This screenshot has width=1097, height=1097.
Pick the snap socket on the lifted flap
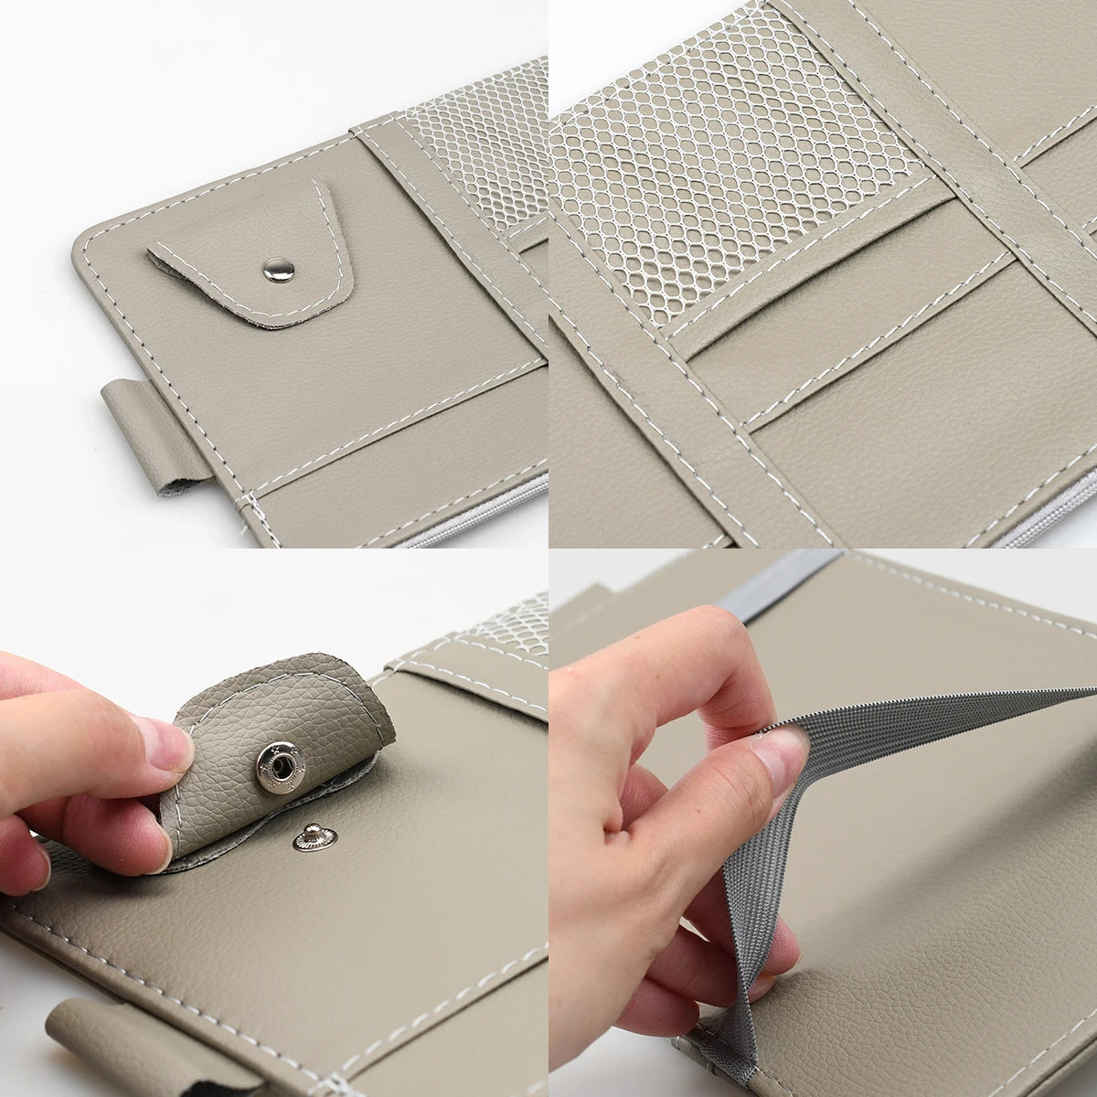[x=276, y=758]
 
